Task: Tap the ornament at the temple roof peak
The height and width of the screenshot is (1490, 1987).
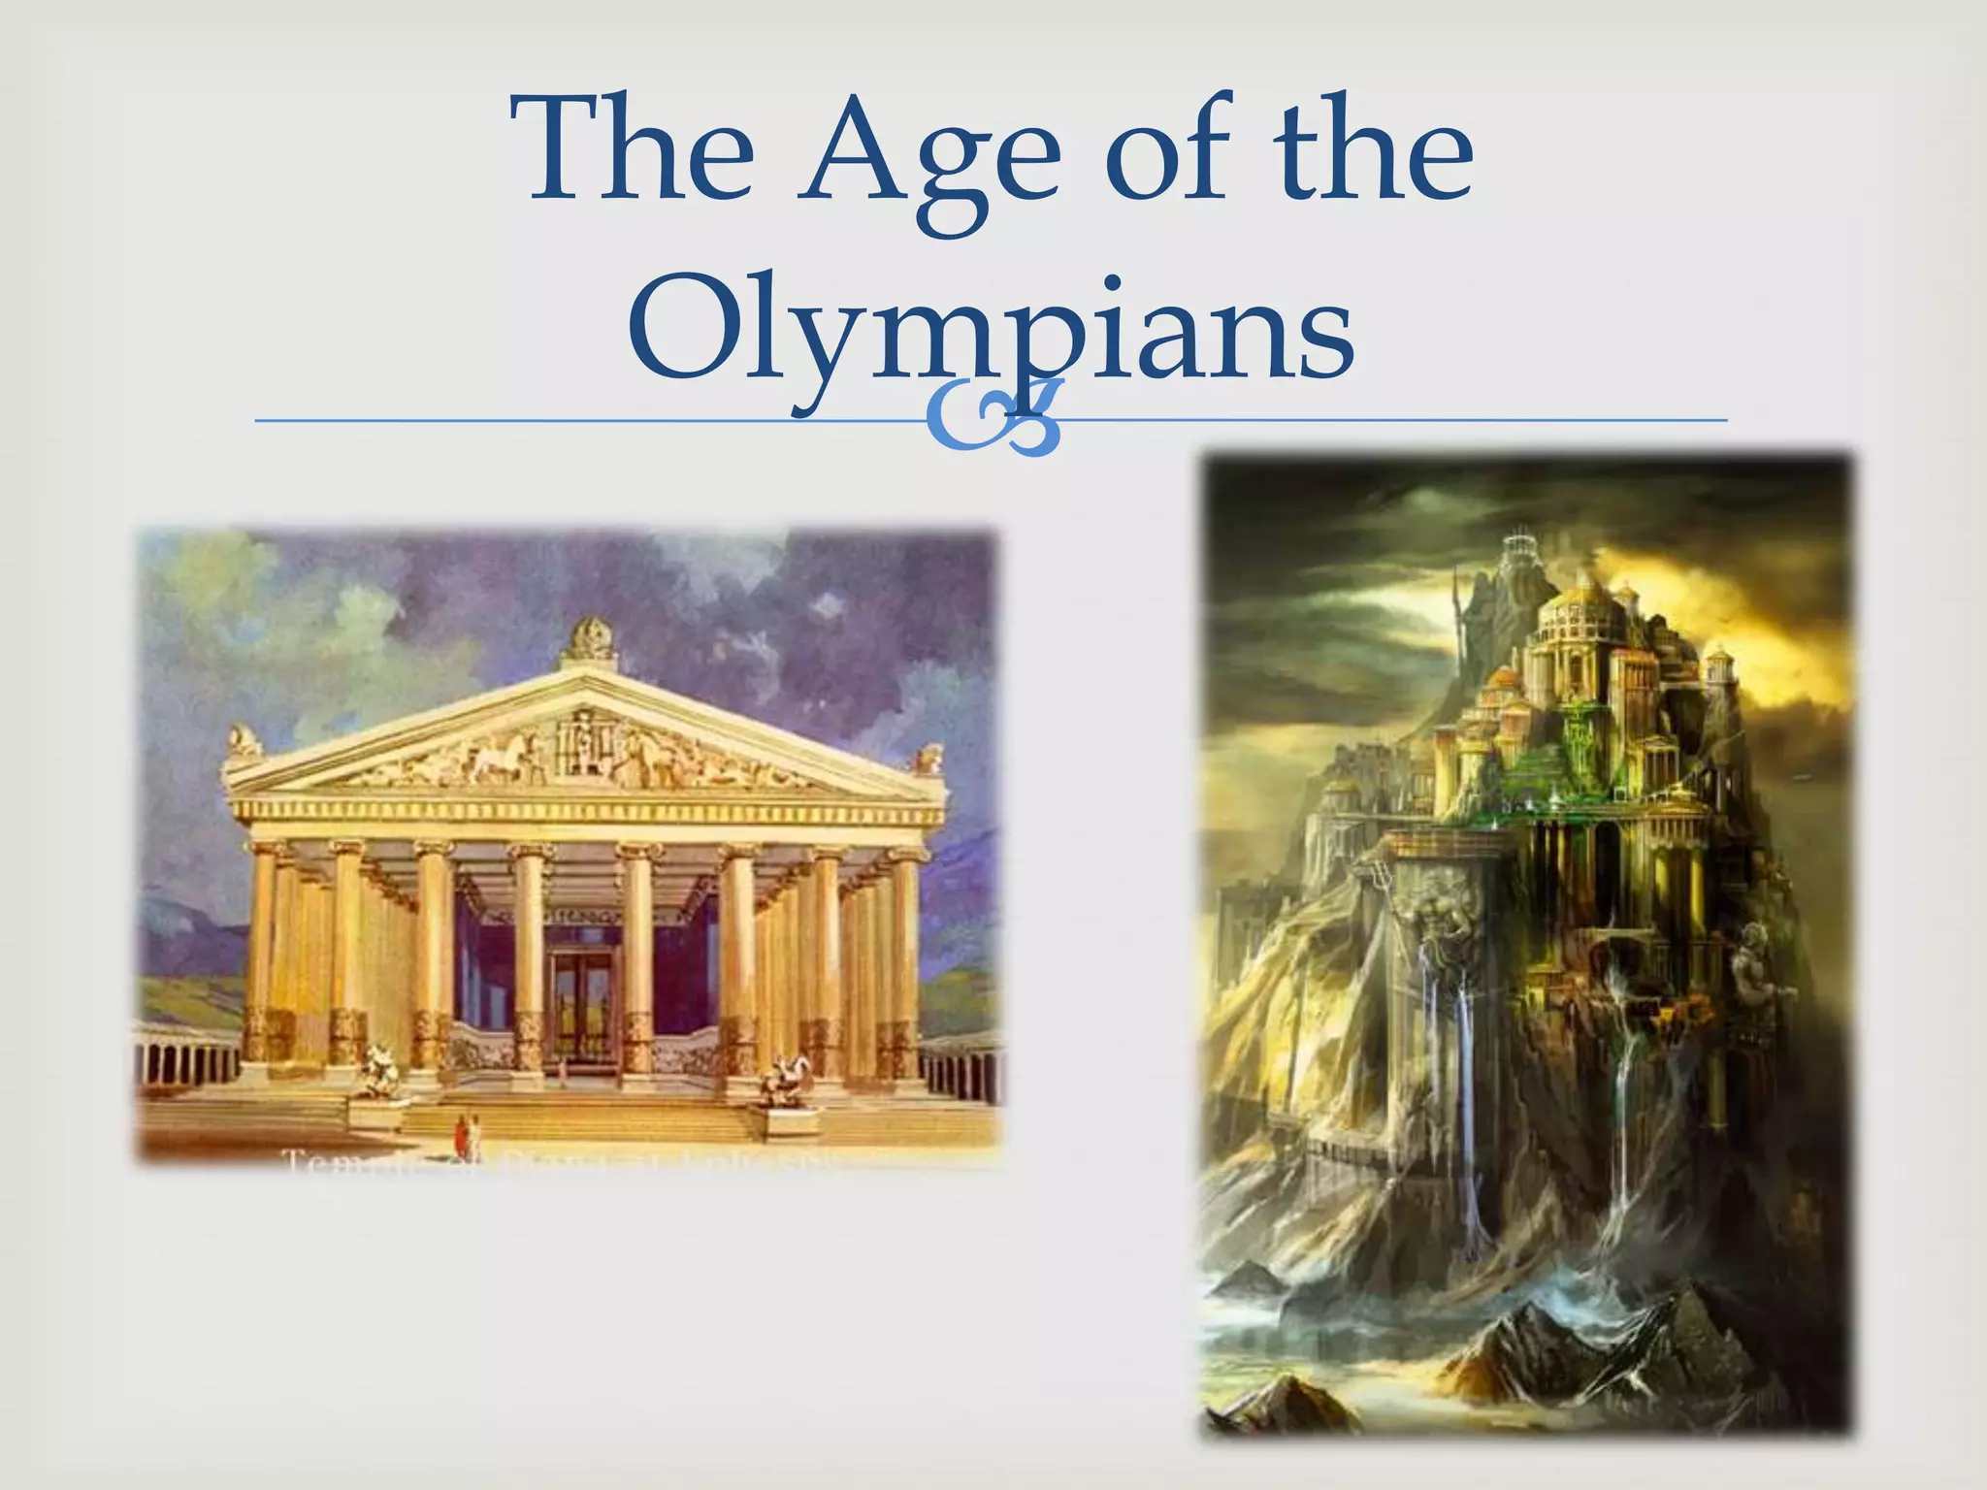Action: tap(588, 641)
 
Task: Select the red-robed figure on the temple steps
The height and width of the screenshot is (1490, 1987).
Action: tap(461, 1131)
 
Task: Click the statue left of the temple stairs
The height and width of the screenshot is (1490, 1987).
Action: tap(372, 1071)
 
